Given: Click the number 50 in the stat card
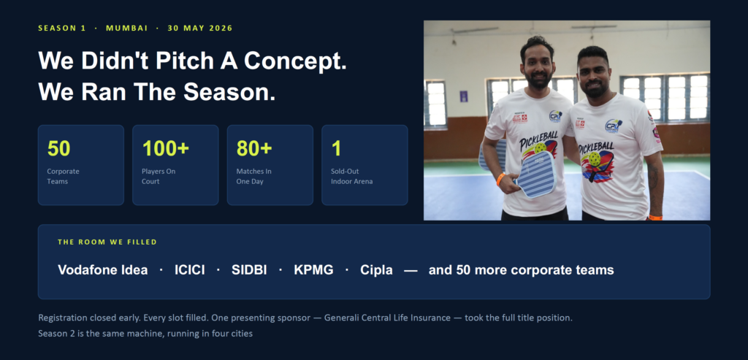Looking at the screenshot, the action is click(58, 149).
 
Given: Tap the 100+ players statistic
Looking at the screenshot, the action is click(166, 149).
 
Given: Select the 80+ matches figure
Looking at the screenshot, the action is click(254, 149).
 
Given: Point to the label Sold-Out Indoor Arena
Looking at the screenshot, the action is click(351, 177).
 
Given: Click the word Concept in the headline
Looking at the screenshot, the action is click(295, 61).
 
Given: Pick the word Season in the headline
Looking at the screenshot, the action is click(229, 91).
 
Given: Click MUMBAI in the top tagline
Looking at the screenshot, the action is click(127, 28).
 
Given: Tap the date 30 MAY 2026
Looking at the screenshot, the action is click(200, 28).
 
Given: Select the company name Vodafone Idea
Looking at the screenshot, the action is click(102, 270).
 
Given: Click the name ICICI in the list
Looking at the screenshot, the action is click(190, 270).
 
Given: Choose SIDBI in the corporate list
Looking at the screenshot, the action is click(249, 270).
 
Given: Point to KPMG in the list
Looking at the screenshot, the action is click(313, 270).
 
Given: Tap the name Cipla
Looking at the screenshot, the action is click(376, 270).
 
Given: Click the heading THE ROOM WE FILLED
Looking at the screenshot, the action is click(107, 242).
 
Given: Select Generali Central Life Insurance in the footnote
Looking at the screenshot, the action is click(387, 318).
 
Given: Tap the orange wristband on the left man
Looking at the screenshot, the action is click(500, 180).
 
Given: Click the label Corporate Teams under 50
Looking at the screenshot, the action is click(63, 177).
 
